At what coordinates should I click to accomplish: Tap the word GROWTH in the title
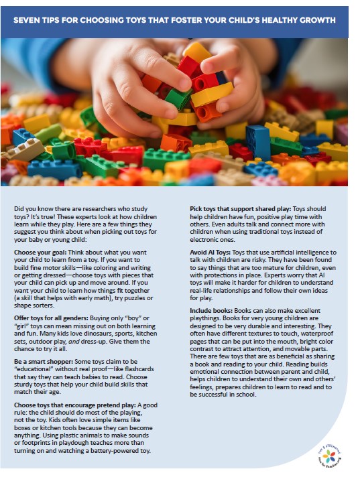[317, 20]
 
